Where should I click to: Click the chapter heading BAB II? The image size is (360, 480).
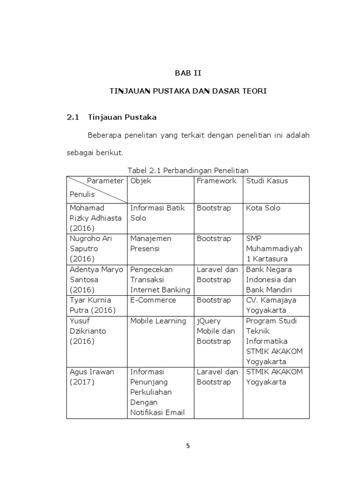tap(187, 73)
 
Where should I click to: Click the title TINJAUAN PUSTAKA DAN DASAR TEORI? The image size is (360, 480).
tap(188, 91)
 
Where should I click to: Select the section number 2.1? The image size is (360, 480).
tap(74, 117)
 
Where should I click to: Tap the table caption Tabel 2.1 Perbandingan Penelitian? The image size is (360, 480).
tap(188, 170)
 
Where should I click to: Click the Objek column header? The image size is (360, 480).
tap(141, 181)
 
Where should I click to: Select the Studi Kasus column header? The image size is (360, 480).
tap(267, 181)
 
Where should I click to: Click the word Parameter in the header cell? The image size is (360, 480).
tap(105, 181)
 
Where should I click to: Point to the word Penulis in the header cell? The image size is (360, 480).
tap(82, 194)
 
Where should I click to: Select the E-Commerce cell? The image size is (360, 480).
tap(153, 300)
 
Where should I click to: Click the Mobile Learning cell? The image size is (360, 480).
tap(158, 321)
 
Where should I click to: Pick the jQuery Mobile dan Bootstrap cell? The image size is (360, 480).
tap(216, 331)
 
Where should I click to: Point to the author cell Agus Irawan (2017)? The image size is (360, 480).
tap(92, 377)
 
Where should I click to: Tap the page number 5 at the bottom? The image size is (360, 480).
tap(188, 446)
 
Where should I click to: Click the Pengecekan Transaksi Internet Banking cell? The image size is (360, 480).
tap(160, 280)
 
